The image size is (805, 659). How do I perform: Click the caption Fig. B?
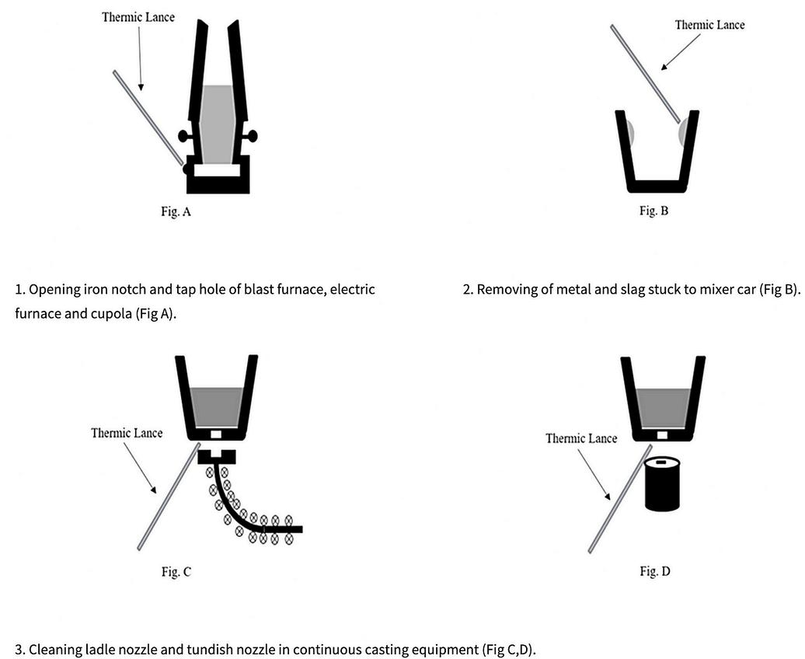pos(653,211)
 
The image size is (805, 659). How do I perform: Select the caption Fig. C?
pos(176,572)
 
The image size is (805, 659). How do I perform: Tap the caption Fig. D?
pos(655,572)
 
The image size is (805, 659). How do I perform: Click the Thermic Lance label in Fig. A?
pos(138,17)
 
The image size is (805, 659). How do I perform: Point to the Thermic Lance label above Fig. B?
pos(709,25)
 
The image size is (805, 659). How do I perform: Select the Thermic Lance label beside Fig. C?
pos(127,433)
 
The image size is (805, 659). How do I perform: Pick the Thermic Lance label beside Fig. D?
pos(581,438)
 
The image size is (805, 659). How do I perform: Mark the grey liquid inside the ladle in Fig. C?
pos(217,405)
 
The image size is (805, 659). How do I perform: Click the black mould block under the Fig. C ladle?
pos(216,456)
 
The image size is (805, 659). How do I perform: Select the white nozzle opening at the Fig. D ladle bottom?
pos(664,434)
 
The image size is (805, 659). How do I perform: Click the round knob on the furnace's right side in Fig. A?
pos(252,136)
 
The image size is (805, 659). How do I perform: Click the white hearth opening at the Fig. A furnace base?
pos(218,169)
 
